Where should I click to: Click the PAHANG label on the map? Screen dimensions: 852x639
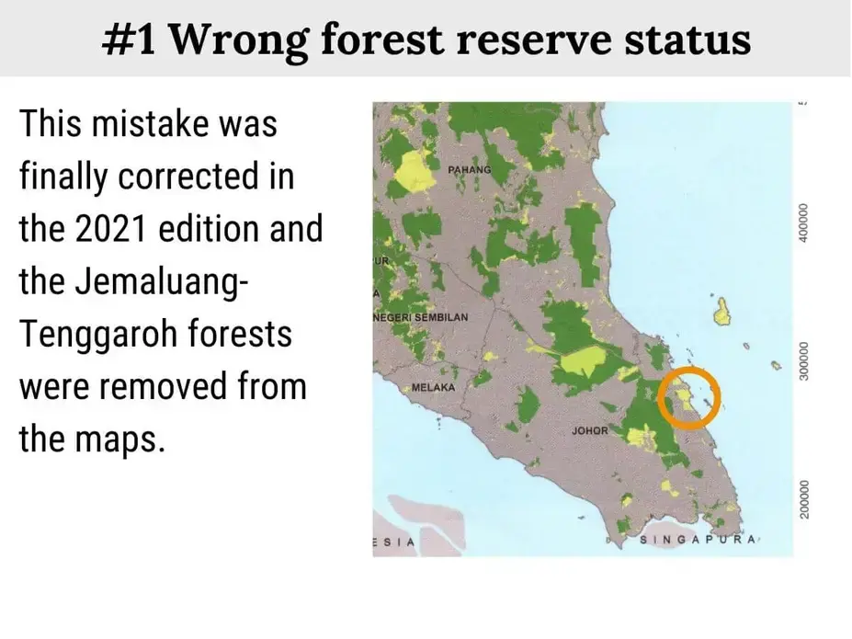470,169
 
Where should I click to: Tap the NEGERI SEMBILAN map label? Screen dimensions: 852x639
421,317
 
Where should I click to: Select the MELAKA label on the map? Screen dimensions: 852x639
433,387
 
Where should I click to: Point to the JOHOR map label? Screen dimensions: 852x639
590,431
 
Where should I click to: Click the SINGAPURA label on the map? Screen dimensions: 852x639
698,540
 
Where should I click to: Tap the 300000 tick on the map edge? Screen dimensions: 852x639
803,361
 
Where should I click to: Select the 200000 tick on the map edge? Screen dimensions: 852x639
803,499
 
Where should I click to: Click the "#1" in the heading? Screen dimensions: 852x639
129,40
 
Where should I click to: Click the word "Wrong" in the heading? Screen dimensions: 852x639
239,40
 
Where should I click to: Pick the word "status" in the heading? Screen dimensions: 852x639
687,40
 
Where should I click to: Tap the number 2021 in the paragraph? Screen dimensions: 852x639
110,228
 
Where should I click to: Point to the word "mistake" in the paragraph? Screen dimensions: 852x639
149,123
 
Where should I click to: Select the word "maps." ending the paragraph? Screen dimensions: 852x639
119,440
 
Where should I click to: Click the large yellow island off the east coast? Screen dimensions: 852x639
721,312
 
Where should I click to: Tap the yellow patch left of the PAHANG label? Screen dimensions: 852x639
414,171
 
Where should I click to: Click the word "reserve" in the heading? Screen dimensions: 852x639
534,40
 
